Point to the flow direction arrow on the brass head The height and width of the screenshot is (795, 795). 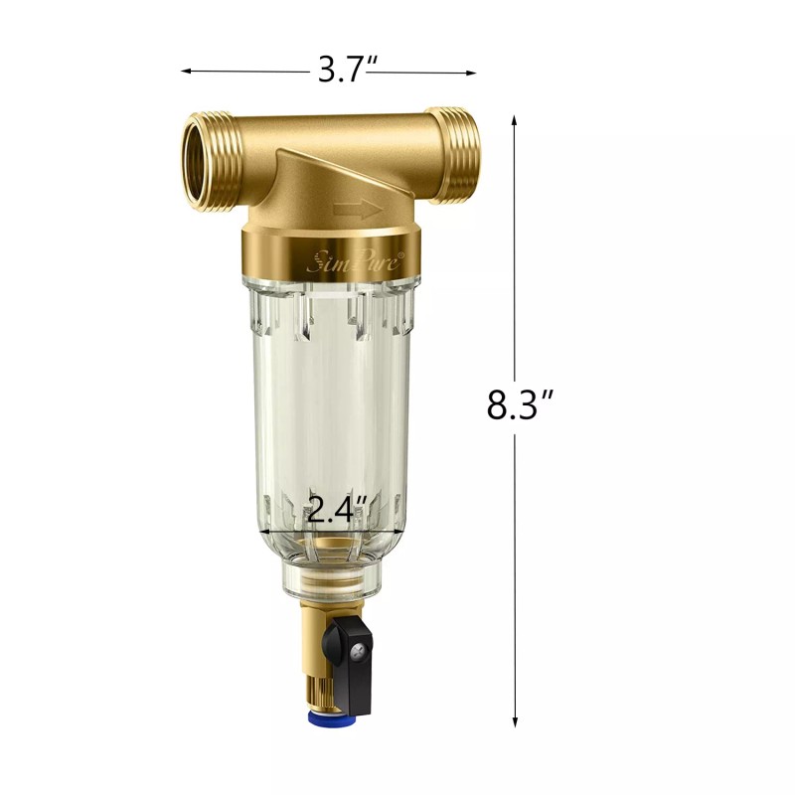point(358,209)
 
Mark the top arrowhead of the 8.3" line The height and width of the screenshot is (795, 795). point(515,119)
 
